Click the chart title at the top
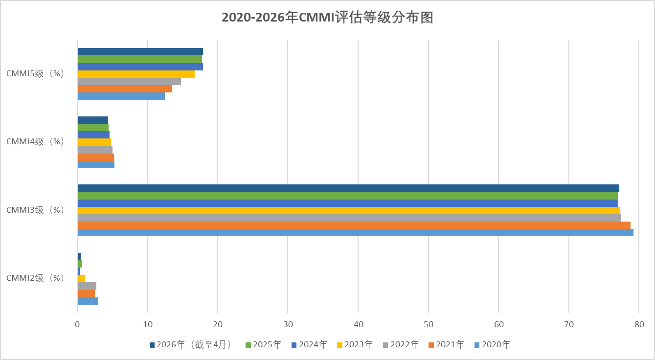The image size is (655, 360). [327, 18]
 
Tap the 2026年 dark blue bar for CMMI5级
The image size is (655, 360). [140, 52]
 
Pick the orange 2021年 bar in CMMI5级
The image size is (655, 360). [125, 89]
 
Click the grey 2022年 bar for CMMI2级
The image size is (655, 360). [87, 286]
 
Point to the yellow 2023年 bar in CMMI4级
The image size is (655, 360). [94, 142]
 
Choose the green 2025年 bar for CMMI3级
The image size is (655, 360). [347, 196]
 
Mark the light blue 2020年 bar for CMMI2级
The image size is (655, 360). [88, 301]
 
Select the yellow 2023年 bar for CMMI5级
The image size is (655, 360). [136, 74]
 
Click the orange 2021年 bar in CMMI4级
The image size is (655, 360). [95, 157]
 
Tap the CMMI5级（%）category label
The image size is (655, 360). [36, 74]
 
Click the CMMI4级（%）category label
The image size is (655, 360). [36, 142]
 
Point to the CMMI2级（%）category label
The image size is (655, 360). [36, 278]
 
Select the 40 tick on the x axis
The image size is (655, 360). [358, 324]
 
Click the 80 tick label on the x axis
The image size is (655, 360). [639, 324]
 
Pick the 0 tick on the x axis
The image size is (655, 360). [77, 324]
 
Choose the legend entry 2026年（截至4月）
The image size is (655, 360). [194, 345]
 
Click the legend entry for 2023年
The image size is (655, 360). [358, 345]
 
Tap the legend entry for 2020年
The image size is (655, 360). [496, 345]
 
